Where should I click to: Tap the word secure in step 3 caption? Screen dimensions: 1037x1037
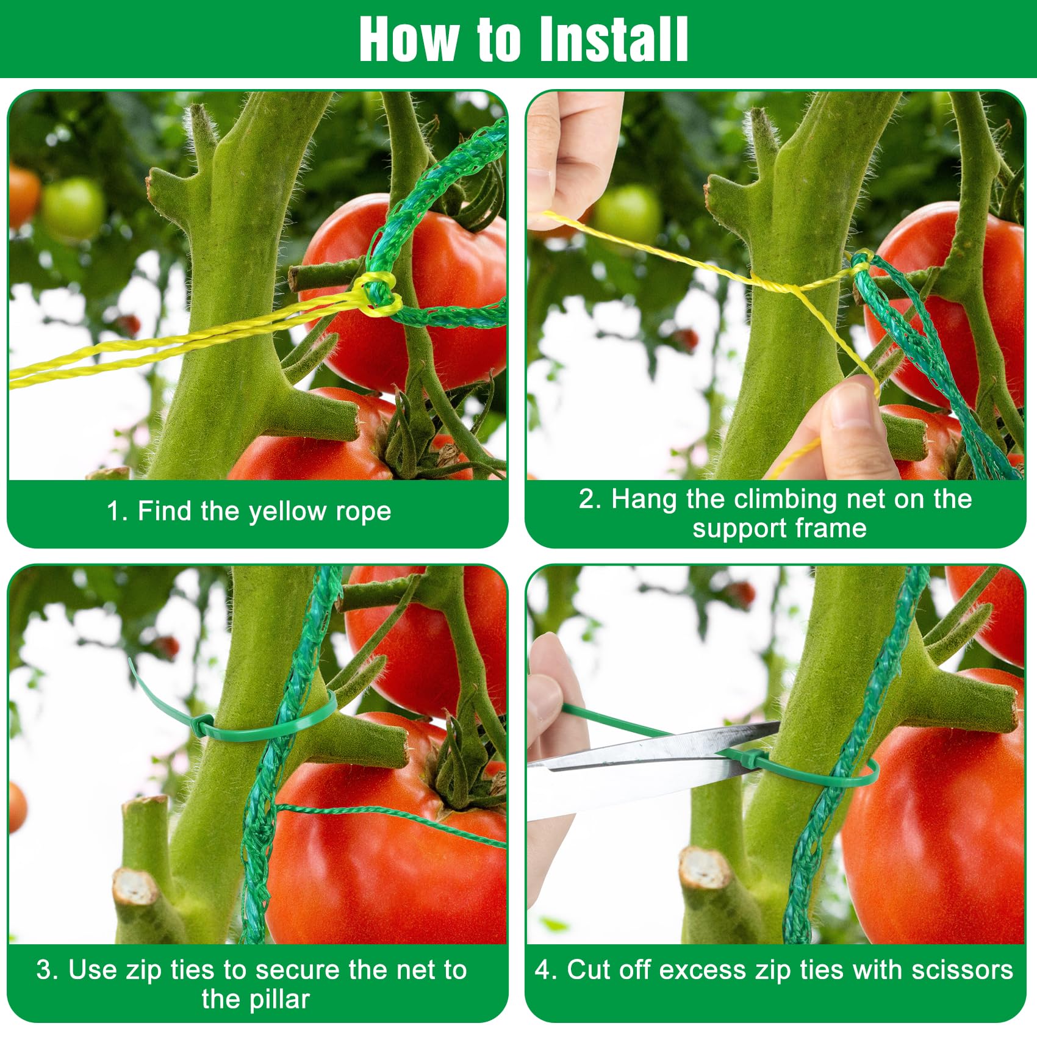pyautogui.click(x=303, y=971)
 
